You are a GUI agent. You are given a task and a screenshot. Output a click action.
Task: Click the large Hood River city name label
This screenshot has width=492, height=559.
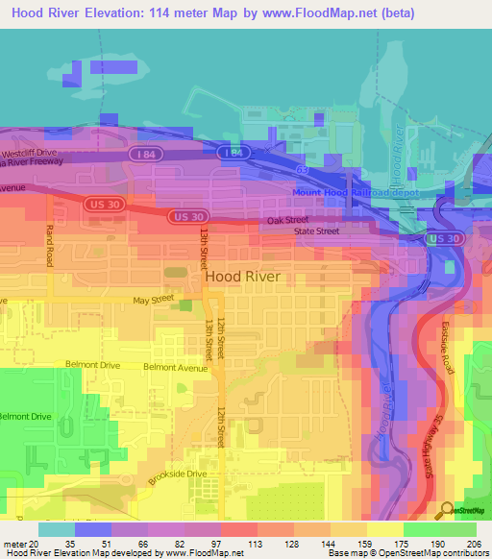[x=242, y=277]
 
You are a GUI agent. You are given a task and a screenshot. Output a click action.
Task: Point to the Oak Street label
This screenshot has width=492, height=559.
[x=287, y=220]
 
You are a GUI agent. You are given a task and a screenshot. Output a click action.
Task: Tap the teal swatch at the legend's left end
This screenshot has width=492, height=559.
[x=56, y=529]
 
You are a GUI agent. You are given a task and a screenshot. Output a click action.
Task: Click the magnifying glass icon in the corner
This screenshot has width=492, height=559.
[x=446, y=510]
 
